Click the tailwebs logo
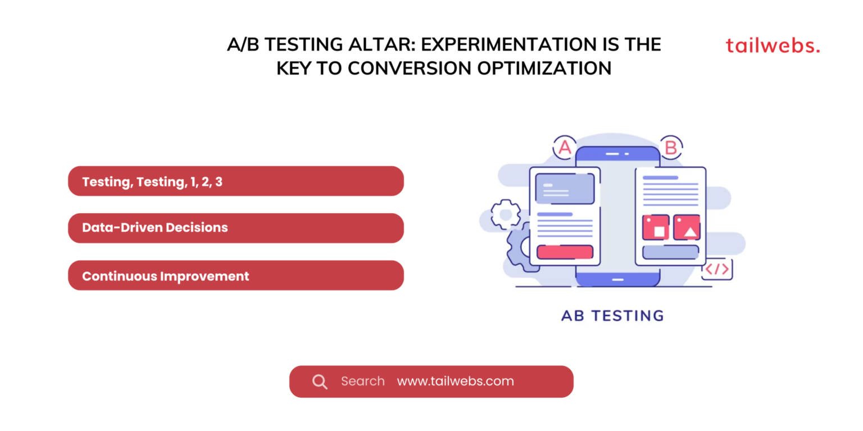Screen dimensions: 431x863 pyautogui.click(x=773, y=46)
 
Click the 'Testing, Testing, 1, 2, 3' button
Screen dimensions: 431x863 pyautogui.click(x=235, y=181)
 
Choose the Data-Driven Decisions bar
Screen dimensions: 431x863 pyautogui.click(x=235, y=228)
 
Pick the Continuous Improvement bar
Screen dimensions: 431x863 pyautogui.click(x=235, y=276)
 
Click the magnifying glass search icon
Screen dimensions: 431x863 pyautogui.click(x=320, y=382)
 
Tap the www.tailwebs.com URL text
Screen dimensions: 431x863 pyautogui.click(x=455, y=382)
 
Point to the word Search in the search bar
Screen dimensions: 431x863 pyautogui.click(x=362, y=382)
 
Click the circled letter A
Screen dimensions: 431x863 pyautogui.click(x=565, y=148)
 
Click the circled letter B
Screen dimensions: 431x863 pyautogui.click(x=670, y=148)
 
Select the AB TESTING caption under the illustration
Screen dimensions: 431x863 pyautogui.click(x=612, y=315)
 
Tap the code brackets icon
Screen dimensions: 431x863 pyautogui.click(x=717, y=269)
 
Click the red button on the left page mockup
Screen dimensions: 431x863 pyautogui.click(x=565, y=252)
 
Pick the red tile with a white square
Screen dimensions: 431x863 pyautogui.click(x=656, y=227)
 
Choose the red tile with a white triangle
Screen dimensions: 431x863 pyautogui.click(x=687, y=227)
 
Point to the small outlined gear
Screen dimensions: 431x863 pyautogui.click(x=506, y=214)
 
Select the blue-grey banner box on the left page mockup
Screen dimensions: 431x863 pyautogui.click(x=565, y=188)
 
